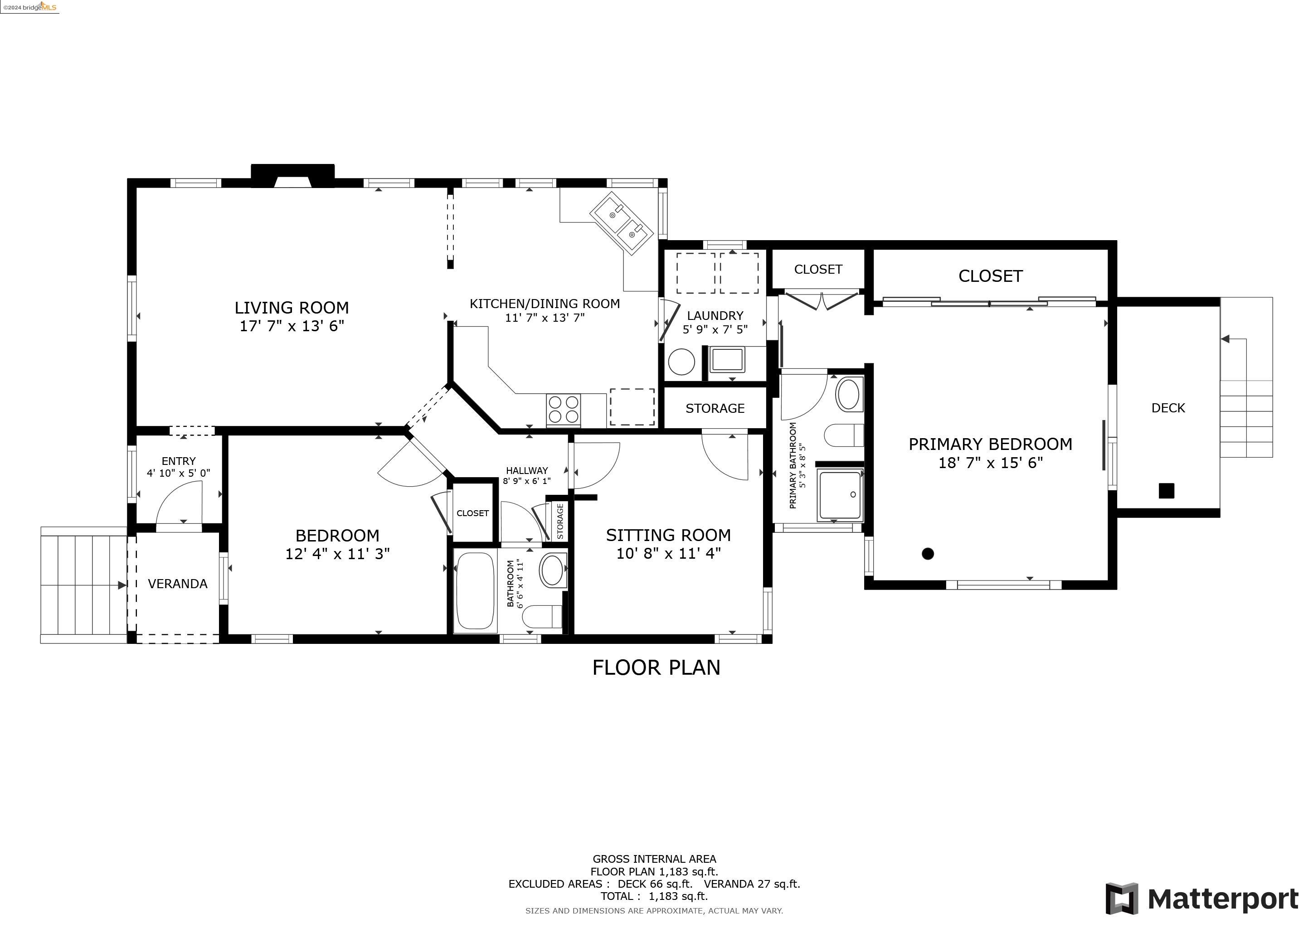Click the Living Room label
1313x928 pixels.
coord(292,307)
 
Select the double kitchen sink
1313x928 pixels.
coord(622,223)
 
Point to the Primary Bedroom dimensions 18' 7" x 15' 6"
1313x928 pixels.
coord(991,462)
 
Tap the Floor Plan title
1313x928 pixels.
coord(656,667)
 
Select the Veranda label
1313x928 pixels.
coord(177,584)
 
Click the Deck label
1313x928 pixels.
coord(1168,408)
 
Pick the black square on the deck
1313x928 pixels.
coord(1166,490)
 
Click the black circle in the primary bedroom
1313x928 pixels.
coord(928,553)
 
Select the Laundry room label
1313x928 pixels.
coord(715,315)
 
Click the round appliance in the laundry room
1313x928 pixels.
coord(681,361)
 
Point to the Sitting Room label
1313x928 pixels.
coord(668,535)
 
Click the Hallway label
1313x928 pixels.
coord(527,470)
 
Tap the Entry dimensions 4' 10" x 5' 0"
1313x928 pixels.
coord(179,473)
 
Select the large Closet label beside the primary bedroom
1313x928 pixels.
coord(990,276)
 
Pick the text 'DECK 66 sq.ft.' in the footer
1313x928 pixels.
coord(655,884)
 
